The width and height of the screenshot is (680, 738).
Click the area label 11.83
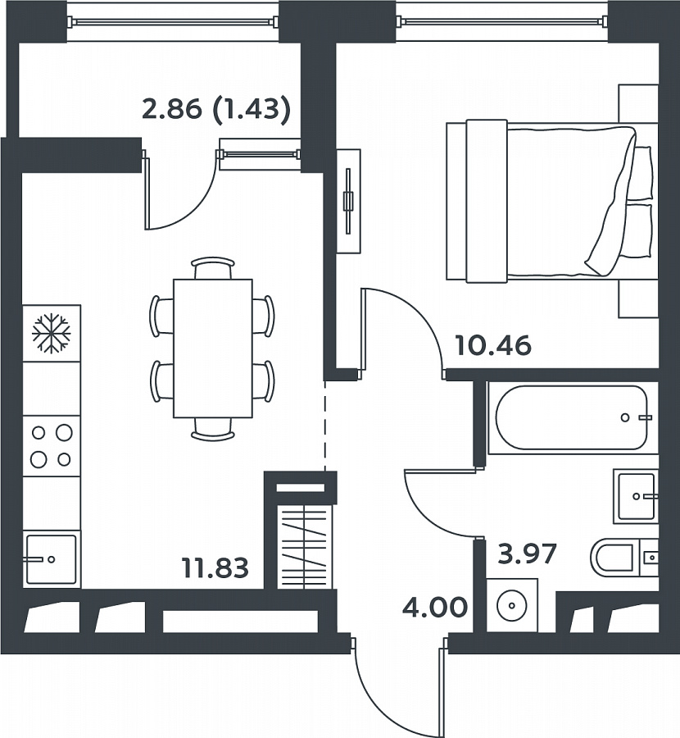215,567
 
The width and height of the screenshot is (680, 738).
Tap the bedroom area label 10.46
493,345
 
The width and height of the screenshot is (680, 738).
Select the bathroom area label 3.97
527,553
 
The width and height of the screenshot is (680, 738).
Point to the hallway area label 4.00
435,607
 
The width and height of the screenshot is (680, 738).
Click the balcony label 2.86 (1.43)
216,110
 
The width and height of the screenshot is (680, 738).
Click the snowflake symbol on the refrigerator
52,333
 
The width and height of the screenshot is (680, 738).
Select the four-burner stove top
52,446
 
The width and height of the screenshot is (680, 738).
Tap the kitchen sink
52,559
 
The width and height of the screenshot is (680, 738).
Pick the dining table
213,348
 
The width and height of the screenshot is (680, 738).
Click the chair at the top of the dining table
213,267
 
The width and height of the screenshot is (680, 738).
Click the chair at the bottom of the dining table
213,429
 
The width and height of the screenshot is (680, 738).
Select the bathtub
573,418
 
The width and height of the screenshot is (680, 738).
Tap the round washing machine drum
512,604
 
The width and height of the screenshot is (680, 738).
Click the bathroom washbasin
636,496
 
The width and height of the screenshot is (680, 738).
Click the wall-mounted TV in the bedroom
348,202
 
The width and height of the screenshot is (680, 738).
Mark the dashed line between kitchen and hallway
324,425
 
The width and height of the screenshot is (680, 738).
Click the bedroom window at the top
501,20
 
